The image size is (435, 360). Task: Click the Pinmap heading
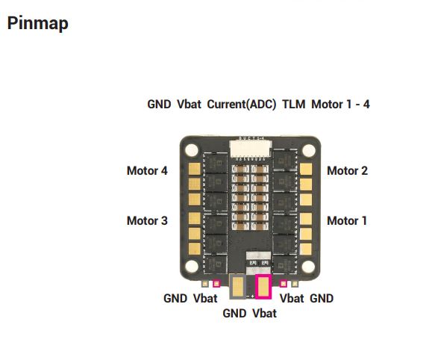[38, 23]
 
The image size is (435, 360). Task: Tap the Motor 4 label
[147, 171]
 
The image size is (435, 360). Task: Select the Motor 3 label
[147, 221]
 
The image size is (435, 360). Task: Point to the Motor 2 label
[348, 171]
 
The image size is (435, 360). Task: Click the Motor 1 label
[347, 221]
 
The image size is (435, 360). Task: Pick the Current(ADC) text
[242, 105]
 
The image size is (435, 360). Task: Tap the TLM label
[294, 105]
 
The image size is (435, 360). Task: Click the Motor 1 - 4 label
[340, 105]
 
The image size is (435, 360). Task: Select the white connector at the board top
[250, 149]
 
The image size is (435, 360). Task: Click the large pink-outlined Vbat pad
[263, 287]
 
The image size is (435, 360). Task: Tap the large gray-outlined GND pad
[238, 287]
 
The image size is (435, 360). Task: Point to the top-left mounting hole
[192, 150]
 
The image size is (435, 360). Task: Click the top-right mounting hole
[308, 150]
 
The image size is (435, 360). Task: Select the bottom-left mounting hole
[192, 266]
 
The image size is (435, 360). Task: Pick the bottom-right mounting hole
[308, 266]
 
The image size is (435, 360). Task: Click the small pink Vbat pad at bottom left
[216, 284]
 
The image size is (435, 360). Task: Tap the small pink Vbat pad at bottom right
[284, 284]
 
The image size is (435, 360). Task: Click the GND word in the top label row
[159, 105]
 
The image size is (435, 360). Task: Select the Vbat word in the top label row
[189, 105]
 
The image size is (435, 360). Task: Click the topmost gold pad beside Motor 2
[306, 169]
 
